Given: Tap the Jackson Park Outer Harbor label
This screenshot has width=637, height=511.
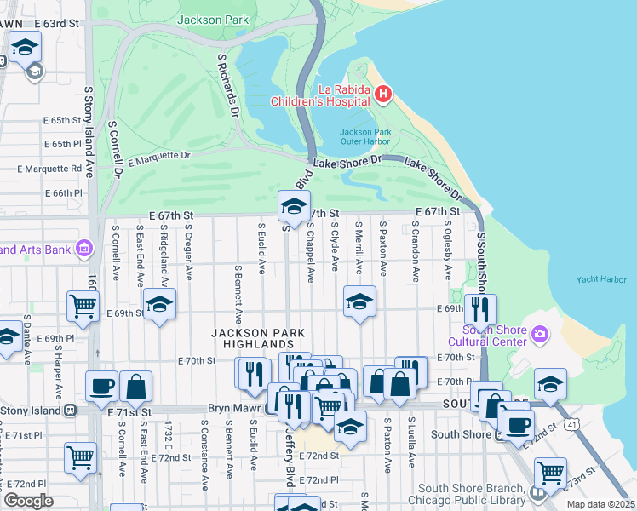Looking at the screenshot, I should click(365, 137).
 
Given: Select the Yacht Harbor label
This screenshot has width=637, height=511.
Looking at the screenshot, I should click(600, 279).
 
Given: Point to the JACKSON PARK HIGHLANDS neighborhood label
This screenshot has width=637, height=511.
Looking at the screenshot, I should click(252, 338).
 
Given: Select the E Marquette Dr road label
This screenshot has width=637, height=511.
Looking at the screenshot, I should click(158, 158).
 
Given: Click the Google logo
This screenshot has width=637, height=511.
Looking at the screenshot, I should click(27, 501).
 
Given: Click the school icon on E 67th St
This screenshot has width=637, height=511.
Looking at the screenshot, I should click(294, 207).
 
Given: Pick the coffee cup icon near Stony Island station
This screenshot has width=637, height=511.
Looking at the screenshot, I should click(101, 386).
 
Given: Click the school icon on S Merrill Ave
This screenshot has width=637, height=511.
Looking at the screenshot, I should click(359, 301).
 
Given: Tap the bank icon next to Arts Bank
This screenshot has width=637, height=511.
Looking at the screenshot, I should click(84, 250).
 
